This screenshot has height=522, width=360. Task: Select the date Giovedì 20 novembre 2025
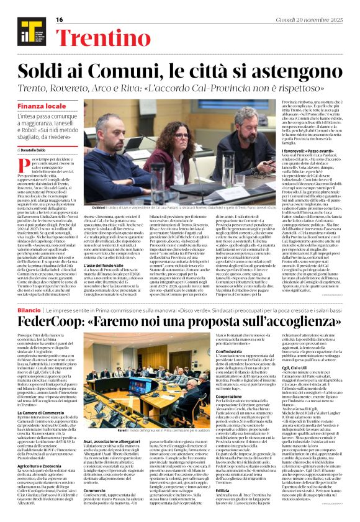click(319, 19)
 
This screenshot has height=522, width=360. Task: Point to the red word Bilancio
click(29, 308)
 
